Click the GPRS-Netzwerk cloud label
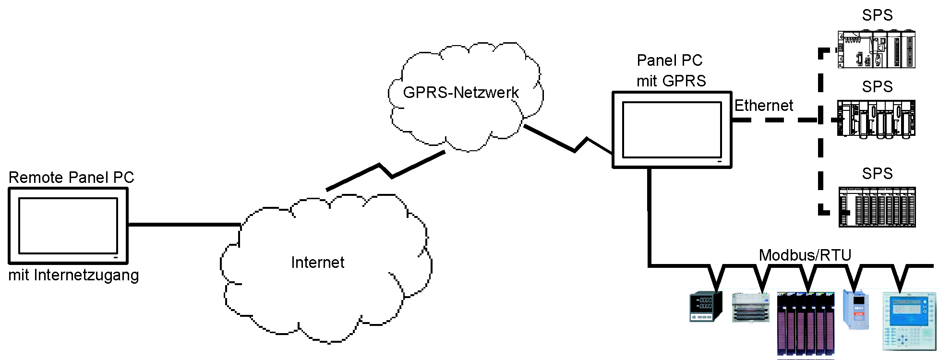click(461, 93)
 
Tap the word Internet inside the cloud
click(317, 263)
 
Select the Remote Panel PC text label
click(71, 178)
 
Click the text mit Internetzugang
click(73, 276)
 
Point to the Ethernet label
click(763, 106)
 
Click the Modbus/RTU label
click(805, 255)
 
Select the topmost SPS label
click(877, 15)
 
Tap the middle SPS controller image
click(876, 119)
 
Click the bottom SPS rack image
click(877, 207)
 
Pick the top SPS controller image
click(876, 49)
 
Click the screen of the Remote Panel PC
click(68, 226)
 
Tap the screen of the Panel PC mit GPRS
click(672, 130)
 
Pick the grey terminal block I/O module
click(750, 308)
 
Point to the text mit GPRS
click(671, 81)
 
